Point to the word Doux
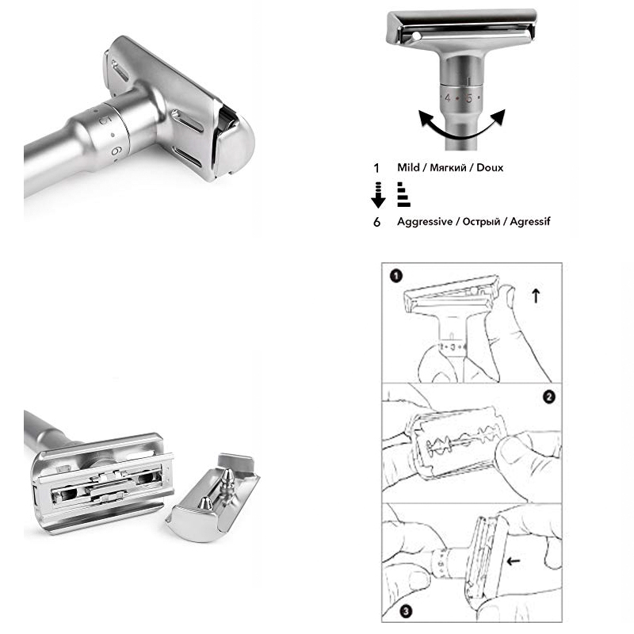[x=490, y=168]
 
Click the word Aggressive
[x=424, y=222]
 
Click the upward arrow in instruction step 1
[x=536, y=296]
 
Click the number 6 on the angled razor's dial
[x=116, y=148]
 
